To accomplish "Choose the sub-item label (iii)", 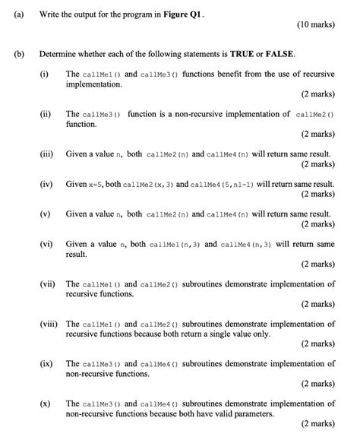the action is (x=48, y=153).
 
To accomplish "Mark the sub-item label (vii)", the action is (x=49, y=284).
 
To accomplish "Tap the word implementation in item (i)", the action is (x=95, y=84).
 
